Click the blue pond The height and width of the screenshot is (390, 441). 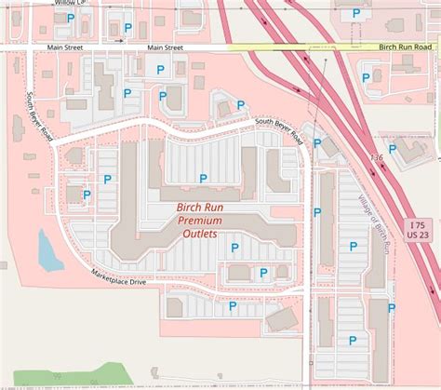click(x=48, y=249)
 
